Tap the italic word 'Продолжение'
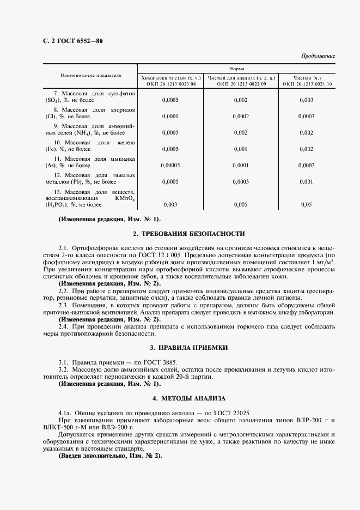click(318, 56)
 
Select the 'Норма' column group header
click(236, 69)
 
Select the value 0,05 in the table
click(306, 204)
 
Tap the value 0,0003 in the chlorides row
click(306, 116)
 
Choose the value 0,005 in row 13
click(240, 204)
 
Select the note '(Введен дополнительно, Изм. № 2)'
click(111, 455)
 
